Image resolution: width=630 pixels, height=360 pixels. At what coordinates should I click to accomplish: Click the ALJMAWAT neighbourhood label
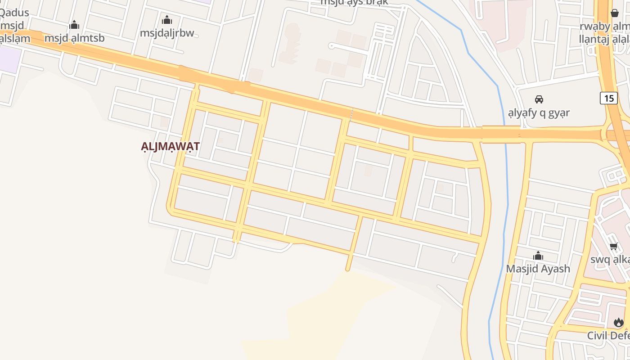click(170, 147)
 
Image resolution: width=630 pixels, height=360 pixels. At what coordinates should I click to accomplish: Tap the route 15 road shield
click(608, 98)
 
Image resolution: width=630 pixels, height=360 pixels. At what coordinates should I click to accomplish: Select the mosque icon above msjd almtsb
click(74, 25)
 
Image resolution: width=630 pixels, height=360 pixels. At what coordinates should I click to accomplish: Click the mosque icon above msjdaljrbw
click(167, 20)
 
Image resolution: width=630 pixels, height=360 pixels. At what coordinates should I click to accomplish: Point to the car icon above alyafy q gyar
click(539, 99)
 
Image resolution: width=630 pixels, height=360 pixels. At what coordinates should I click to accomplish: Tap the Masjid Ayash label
click(538, 269)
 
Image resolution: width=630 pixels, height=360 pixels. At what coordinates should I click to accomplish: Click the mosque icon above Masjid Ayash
click(538, 256)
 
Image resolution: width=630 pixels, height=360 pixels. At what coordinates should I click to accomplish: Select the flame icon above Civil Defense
click(619, 322)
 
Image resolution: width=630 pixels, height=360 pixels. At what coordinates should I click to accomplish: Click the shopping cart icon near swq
click(613, 246)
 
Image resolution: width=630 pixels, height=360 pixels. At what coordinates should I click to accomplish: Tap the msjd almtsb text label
click(74, 38)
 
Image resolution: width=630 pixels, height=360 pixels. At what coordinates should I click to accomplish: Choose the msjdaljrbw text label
click(167, 33)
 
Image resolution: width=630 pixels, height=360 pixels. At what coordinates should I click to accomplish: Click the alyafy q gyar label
click(539, 112)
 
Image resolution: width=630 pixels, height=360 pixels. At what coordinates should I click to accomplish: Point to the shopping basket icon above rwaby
click(615, 13)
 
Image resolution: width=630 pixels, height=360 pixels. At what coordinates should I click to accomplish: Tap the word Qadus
click(14, 12)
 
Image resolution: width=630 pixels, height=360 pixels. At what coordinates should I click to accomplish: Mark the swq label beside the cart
click(610, 260)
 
